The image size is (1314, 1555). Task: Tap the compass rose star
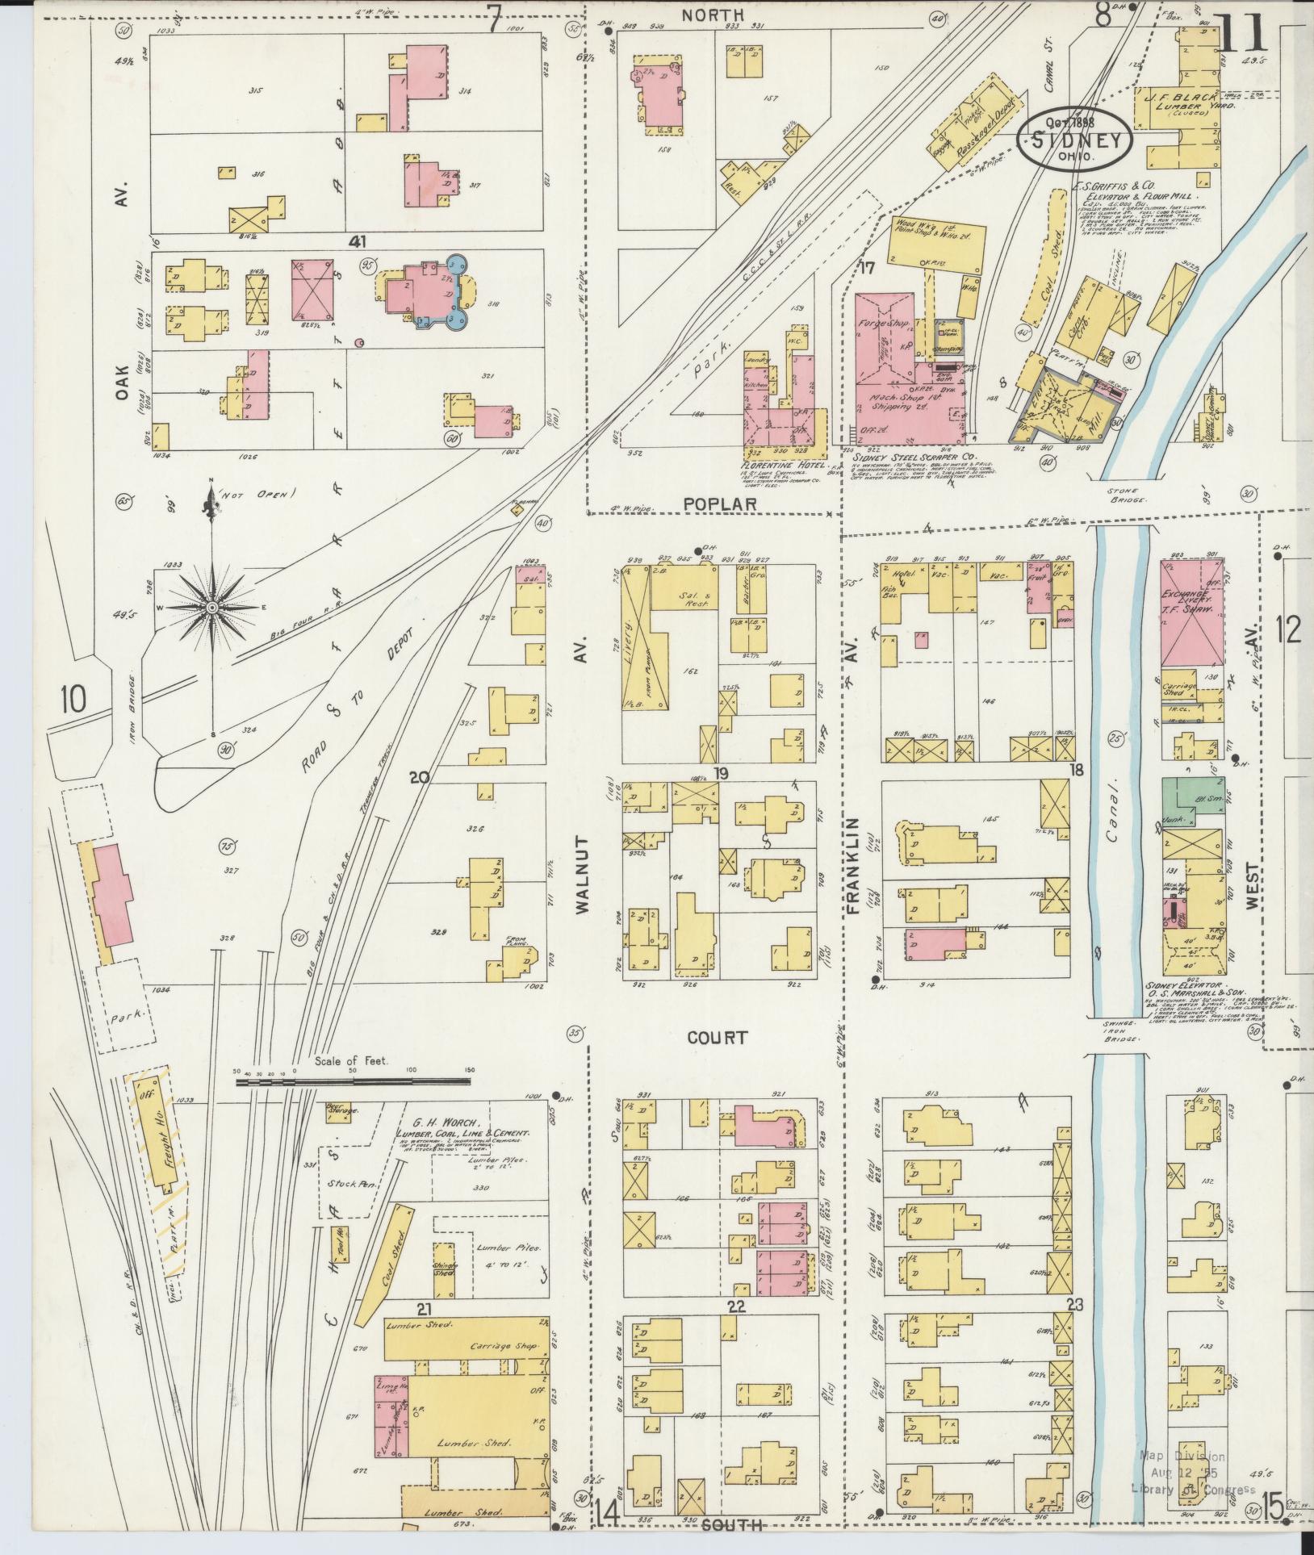[x=211, y=606]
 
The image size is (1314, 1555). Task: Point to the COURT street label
[x=718, y=1038]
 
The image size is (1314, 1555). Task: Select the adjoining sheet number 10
[x=73, y=698]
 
